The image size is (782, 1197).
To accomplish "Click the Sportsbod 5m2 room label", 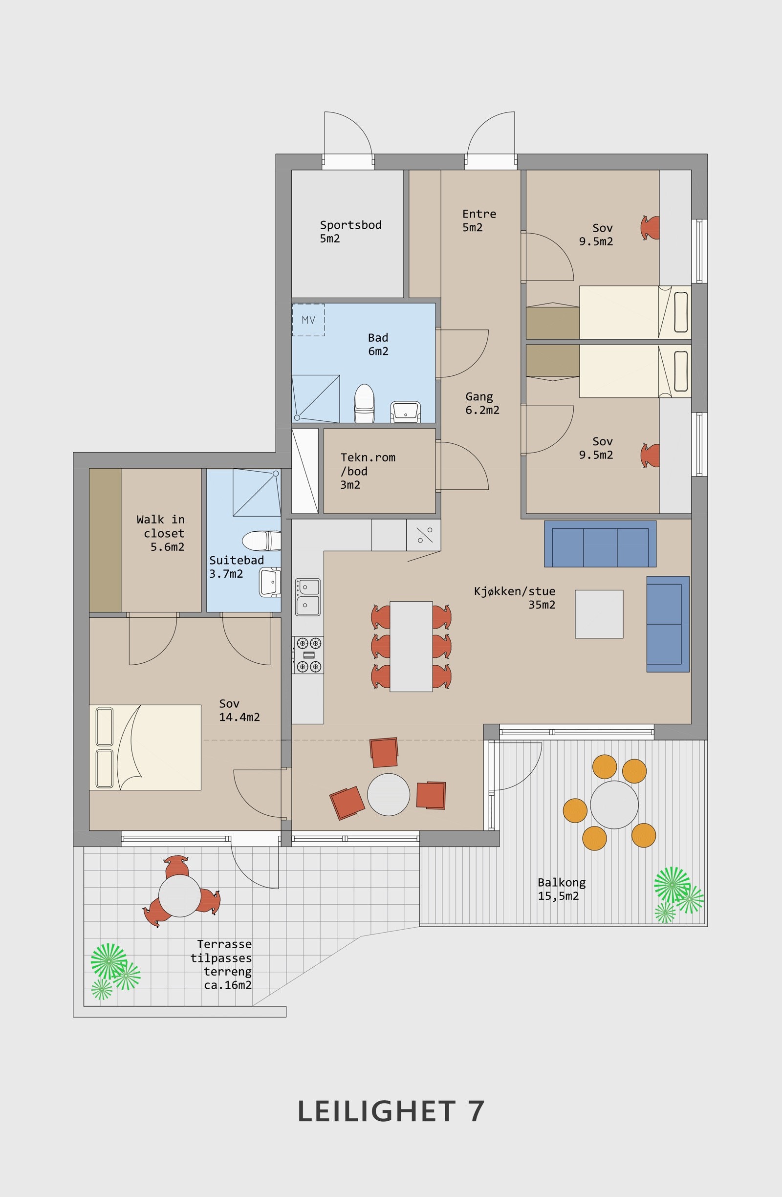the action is point(350,231).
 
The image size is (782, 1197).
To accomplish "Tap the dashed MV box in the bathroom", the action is point(308,319).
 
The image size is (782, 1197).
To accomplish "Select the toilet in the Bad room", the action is point(364,403).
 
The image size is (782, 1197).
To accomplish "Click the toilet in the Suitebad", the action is point(261,541).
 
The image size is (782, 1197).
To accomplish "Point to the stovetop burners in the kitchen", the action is point(308,654).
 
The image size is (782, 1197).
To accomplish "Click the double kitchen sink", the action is point(308,596).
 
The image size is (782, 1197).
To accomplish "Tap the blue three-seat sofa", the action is point(600,544).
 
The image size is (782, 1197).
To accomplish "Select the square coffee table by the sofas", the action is point(599,614).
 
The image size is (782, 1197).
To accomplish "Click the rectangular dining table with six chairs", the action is point(411,646).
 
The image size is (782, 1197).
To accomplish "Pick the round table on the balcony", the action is point(614,805).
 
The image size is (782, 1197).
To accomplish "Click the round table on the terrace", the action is point(179,896).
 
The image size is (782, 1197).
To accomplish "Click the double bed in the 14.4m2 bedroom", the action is point(145,747).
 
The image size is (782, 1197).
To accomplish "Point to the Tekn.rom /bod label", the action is point(368,471).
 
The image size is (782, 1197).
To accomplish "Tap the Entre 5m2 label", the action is point(479,220).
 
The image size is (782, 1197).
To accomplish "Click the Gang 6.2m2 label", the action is point(482,403).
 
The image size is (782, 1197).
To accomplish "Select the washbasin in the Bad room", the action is point(405,412).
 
